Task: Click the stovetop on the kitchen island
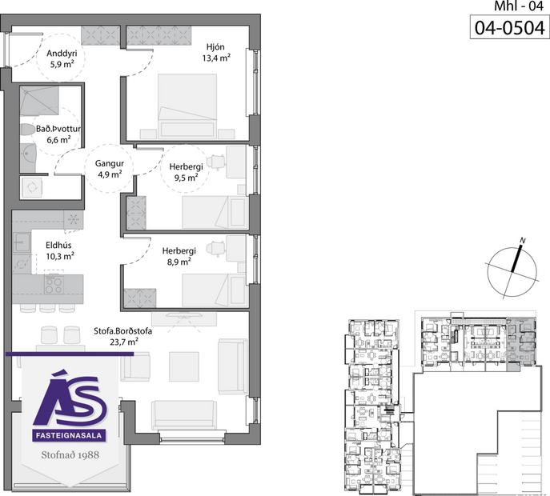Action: pos(54,283)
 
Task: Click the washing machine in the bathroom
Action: pos(33,186)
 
